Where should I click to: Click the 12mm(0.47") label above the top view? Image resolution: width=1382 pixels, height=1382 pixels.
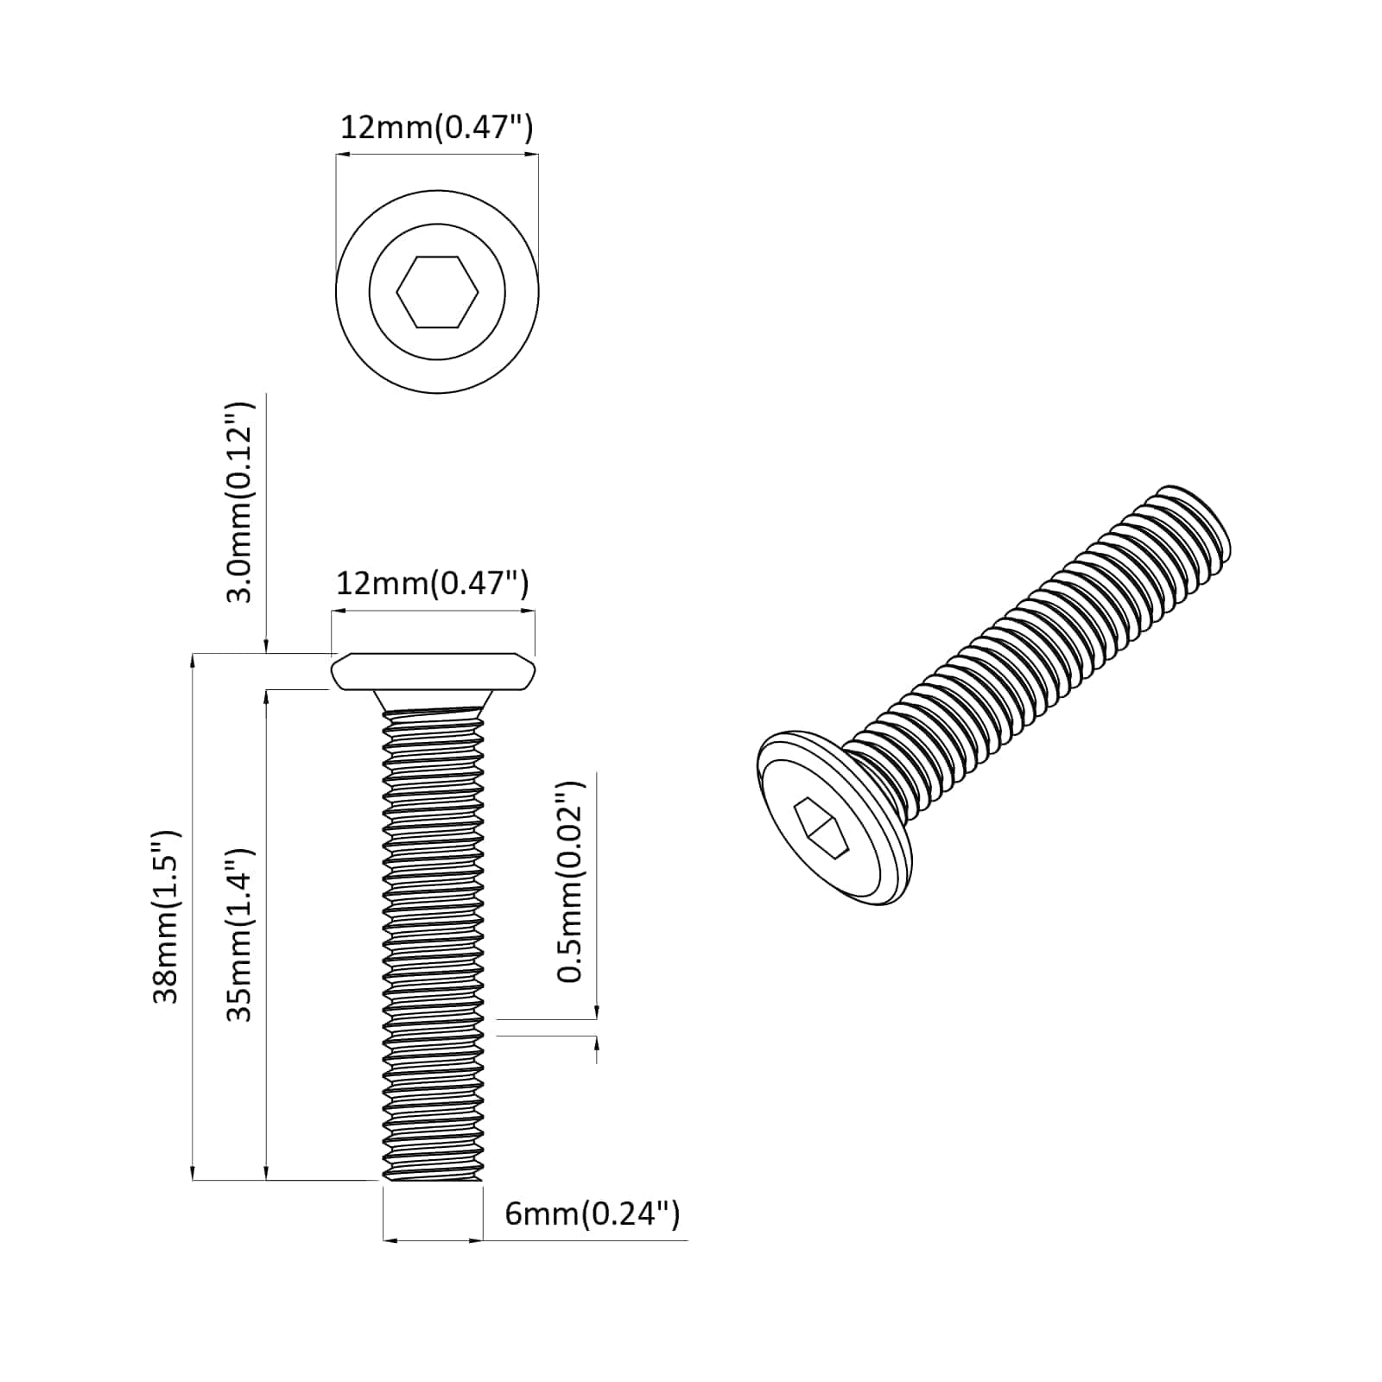click(x=436, y=128)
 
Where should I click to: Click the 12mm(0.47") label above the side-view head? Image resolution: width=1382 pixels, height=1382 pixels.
click(x=432, y=584)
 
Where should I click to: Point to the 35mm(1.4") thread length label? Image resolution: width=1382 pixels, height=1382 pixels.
click(x=239, y=934)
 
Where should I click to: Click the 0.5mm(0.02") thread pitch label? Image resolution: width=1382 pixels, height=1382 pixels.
click(x=570, y=882)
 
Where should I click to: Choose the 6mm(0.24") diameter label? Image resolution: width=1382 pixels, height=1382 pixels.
click(x=593, y=1214)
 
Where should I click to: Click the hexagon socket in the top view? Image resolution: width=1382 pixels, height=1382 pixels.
click(x=437, y=293)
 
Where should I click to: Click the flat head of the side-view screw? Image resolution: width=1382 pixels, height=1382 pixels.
click(x=433, y=672)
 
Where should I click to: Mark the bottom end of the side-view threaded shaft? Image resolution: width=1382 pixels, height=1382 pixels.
click(x=432, y=1176)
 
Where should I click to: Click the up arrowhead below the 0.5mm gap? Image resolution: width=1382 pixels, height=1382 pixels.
click(x=597, y=1043)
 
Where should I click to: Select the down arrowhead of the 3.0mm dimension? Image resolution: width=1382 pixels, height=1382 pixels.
click(x=267, y=646)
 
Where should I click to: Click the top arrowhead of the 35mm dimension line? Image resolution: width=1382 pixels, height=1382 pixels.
click(x=267, y=696)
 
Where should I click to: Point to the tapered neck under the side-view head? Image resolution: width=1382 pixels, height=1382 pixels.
click(x=433, y=700)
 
